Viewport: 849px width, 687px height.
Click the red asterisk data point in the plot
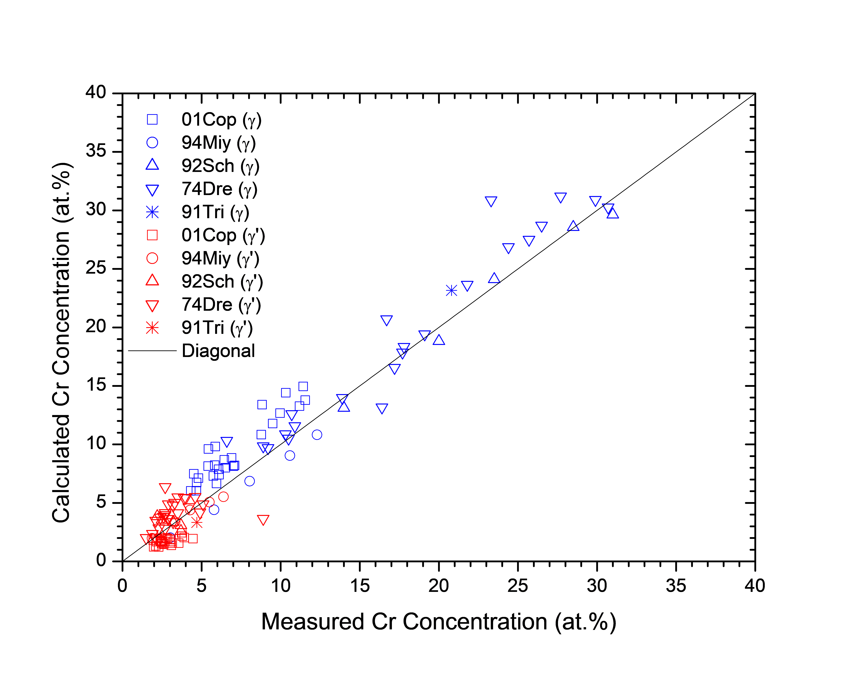(x=197, y=523)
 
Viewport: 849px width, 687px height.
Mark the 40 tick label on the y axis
(x=96, y=92)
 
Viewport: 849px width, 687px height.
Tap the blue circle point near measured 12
(x=317, y=434)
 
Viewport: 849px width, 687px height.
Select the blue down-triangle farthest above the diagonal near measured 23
(x=491, y=201)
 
